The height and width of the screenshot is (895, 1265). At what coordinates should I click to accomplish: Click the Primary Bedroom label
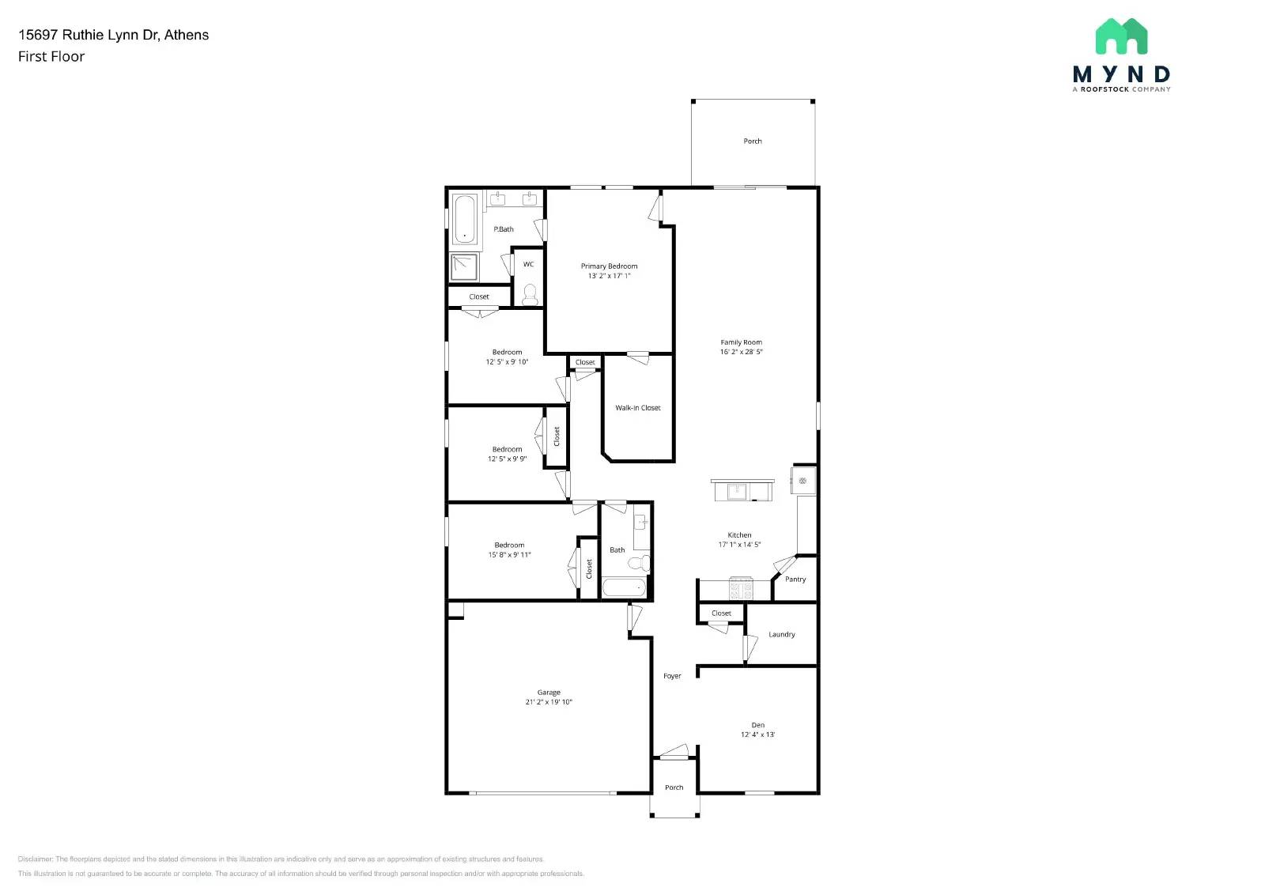tap(609, 266)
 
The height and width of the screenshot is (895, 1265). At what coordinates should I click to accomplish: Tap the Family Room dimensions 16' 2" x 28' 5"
tap(741, 352)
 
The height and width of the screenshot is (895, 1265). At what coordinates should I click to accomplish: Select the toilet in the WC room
tap(530, 295)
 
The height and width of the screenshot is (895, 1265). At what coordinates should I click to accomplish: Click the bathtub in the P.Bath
tap(464, 219)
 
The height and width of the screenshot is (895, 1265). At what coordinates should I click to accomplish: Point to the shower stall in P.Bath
tap(464, 267)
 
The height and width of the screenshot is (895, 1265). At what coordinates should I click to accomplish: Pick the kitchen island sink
tap(737, 492)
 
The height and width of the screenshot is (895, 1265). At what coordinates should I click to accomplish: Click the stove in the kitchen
tap(740, 589)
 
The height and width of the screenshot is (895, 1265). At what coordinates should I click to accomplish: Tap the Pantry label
tap(795, 580)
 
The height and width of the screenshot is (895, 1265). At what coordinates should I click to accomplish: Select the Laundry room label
tap(781, 635)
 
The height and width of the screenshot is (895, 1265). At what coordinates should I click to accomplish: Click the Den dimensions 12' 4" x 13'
tap(757, 735)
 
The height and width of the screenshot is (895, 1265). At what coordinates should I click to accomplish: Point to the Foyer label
tap(672, 676)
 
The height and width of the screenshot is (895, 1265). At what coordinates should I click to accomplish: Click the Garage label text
tap(549, 693)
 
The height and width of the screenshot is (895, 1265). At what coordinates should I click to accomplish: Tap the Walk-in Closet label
tap(637, 408)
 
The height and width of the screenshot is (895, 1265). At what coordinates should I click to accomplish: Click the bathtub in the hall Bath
tap(624, 588)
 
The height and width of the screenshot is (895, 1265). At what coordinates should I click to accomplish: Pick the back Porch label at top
tap(753, 142)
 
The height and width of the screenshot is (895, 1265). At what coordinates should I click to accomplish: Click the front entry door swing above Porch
tap(674, 751)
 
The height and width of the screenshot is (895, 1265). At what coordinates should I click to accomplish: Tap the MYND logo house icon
tap(1121, 36)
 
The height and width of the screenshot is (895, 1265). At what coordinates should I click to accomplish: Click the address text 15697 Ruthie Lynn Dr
tap(113, 35)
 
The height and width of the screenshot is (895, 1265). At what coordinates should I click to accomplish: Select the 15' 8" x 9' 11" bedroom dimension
tap(509, 555)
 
